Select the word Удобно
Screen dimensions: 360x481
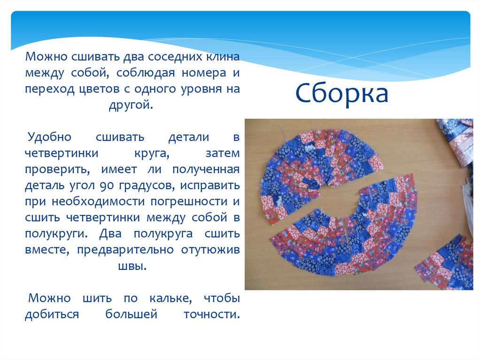pyautogui.click(x=49, y=137)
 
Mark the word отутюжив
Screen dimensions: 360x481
pyautogui.click(x=210, y=249)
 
